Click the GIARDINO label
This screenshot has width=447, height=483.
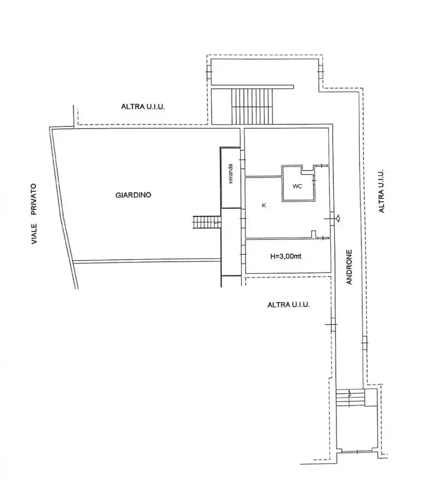(x=133, y=195)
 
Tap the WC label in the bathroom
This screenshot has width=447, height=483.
(x=297, y=186)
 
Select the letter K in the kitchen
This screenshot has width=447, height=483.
(x=264, y=206)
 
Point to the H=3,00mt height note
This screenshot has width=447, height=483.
(x=286, y=256)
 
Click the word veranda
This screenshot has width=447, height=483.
(x=230, y=174)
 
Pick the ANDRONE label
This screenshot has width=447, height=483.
(x=349, y=267)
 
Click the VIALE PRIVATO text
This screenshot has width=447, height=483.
(x=34, y=214)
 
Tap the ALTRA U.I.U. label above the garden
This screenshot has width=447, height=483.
(x=143, y=107)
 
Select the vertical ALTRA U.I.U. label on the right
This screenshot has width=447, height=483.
(x=381, y=191)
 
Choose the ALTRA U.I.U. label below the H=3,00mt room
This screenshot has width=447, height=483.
(x=288, y=305)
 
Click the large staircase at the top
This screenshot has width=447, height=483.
(x=252, y=106)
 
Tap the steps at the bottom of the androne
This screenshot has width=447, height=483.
(x=350, y=397)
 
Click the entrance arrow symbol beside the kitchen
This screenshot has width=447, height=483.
(x=338, y=218)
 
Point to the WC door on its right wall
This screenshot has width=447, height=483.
(x=314, y=178)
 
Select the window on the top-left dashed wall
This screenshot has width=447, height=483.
(x=209, y=71)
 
